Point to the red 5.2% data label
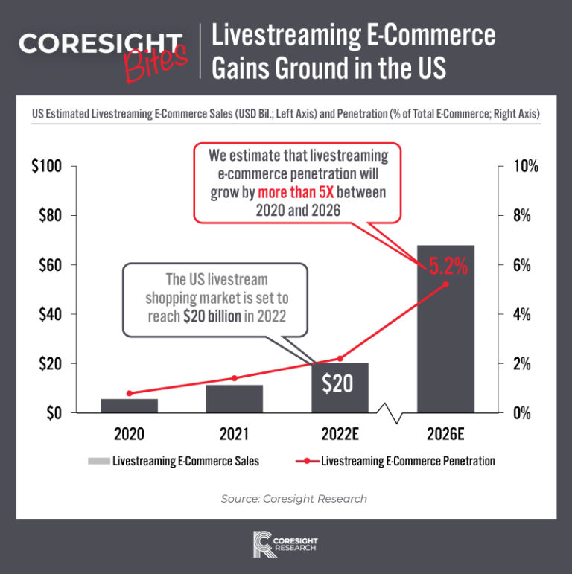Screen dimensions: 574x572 pyautogui.click(x=447, y=264)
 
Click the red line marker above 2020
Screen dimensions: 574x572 pyautogui.click(x=130, y=393)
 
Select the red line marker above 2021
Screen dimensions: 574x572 pyautogui.click(x=235, y=378)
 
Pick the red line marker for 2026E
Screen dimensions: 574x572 pyautogui.click(x=445, y=284)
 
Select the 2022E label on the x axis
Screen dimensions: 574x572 pyautogui.click(x=339, y=435)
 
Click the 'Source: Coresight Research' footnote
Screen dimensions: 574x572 pyautogui.click(x=293, y=498)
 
